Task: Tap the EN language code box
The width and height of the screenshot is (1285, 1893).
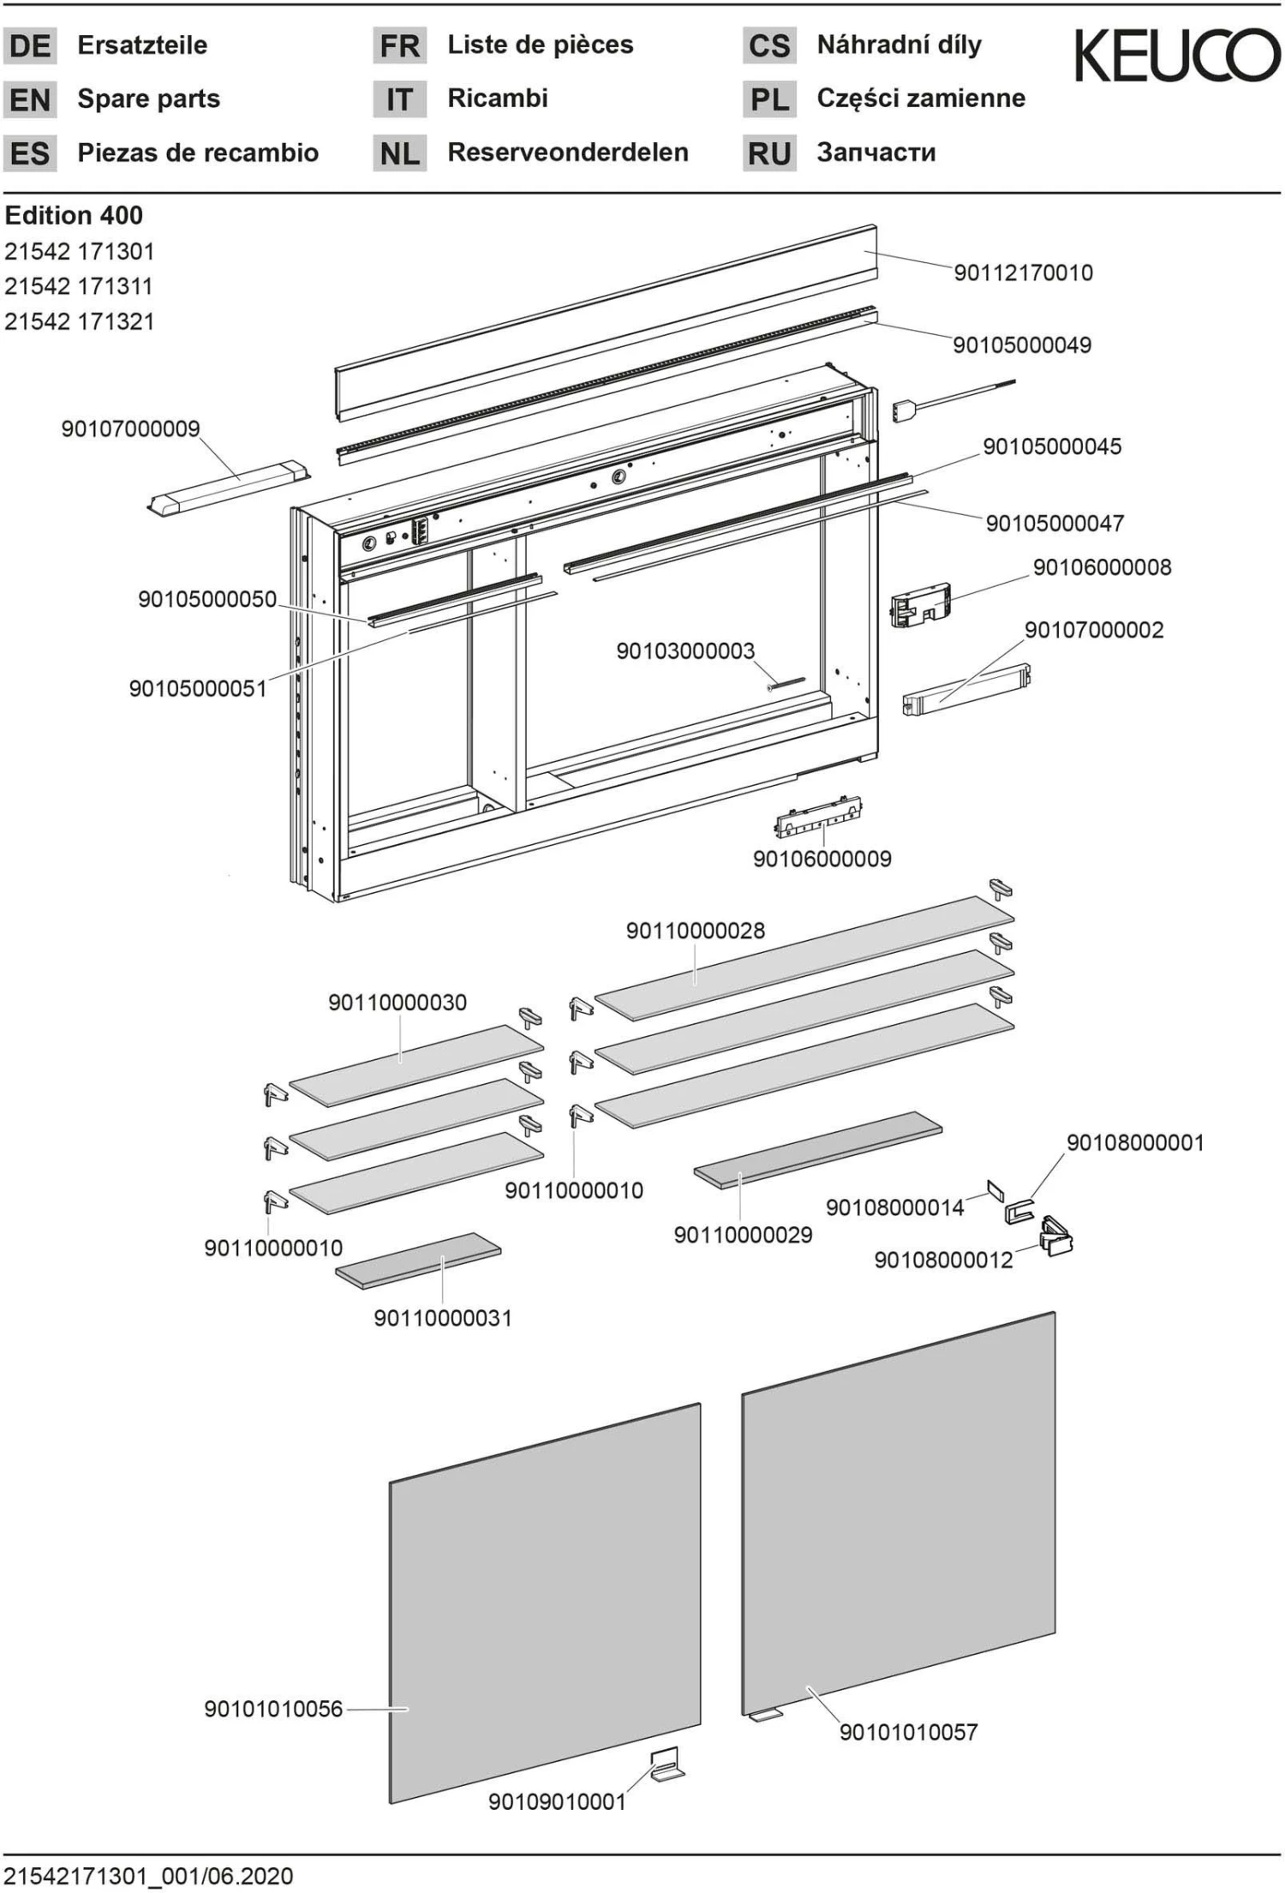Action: point(30,99)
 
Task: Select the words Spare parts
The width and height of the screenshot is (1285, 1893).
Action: point(148,99)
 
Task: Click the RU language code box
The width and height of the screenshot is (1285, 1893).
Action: point(768,153)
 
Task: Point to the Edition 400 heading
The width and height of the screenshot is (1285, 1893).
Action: point(74,215)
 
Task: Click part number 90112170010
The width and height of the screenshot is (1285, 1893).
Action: point(1023,273)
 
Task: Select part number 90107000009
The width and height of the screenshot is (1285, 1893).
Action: point(130,428)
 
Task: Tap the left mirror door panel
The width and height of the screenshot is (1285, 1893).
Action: point(545,1602)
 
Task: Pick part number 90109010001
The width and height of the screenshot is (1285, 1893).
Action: point(557,1801)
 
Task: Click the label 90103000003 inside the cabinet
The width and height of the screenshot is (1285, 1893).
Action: point(685,651)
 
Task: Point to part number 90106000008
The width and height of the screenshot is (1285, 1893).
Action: point(1102,567)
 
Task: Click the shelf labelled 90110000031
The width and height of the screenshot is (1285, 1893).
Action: point(418,1261)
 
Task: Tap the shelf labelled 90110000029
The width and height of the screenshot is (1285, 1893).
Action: point(817,1149)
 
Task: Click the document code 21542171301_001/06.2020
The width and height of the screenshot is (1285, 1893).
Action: point(148,1876)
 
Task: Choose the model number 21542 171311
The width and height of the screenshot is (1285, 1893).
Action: point(79,286)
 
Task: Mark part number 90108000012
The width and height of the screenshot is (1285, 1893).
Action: point(943,1260)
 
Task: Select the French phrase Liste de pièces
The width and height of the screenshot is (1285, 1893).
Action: point(540,45)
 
